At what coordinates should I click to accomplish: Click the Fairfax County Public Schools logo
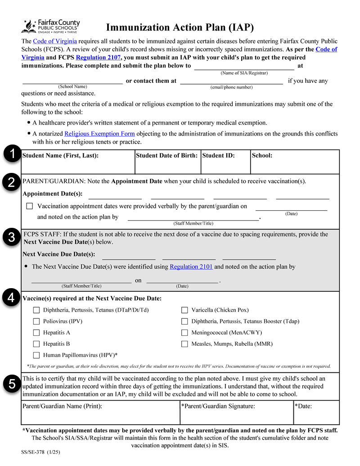(50, 27)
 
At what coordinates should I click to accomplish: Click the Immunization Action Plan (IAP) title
(180, 28)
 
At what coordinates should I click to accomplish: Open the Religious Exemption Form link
(99, 134)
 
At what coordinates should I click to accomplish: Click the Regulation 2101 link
(191, 267)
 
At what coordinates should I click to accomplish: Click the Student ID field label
(218, 156)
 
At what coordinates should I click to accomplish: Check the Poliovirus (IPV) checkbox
(36, 321)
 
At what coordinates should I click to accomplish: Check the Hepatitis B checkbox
(36, 344)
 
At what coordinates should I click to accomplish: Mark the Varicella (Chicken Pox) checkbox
(184, 310)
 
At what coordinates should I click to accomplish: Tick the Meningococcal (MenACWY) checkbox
(184, 333)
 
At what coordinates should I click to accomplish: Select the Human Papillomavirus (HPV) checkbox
(36, 355)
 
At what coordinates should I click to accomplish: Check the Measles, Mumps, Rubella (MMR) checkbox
(184, 344)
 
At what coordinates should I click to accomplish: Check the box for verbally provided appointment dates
(30, 206)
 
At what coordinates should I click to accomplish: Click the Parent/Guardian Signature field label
(218, 406)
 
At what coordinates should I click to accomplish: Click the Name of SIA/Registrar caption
(244, 73)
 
